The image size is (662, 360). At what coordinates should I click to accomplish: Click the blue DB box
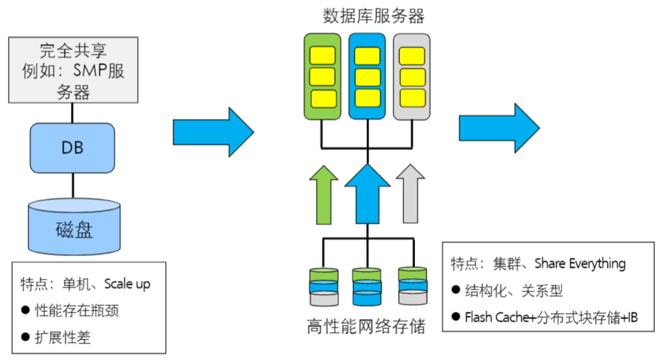(72, 148)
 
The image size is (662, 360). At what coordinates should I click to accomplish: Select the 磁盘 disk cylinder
(74, 226)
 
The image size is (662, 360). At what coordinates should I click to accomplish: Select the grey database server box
(412, 76)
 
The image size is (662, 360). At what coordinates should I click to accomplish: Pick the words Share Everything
(580, 263)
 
